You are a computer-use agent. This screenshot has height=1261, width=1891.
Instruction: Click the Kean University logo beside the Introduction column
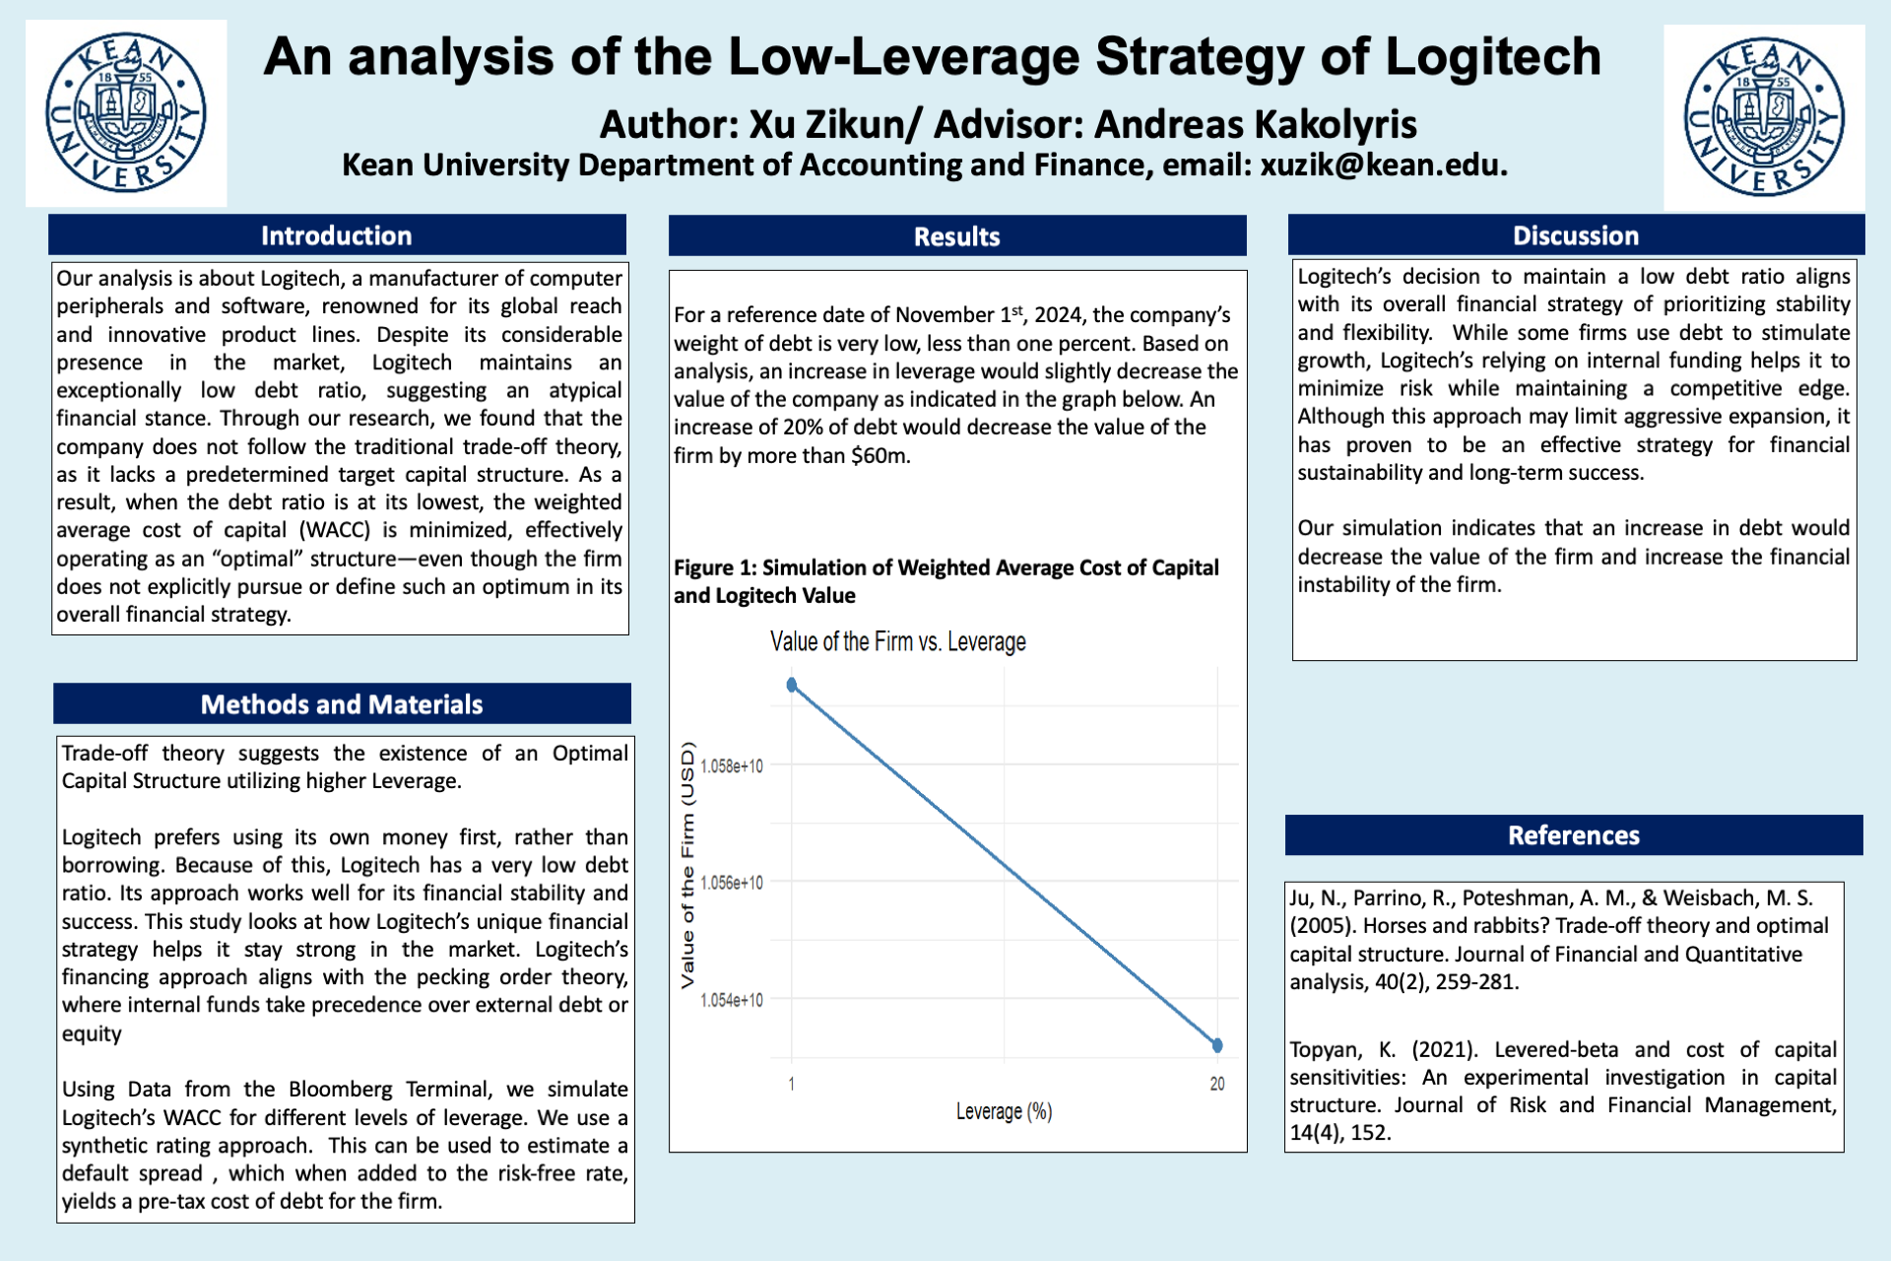[x=126, y=112]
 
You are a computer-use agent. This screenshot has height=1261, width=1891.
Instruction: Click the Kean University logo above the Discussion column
[x=1764, y=117]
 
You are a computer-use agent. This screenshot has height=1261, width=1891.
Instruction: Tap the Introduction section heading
[x=337, y=235]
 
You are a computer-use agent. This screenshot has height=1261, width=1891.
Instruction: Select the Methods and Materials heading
[x=342, y=704]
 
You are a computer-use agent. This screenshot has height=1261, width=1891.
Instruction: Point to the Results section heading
[x=956, y=236]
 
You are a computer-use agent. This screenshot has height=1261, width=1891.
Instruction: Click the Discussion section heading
[x=1576, y=235]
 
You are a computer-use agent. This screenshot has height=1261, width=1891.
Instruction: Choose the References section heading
[x=1574, y=835]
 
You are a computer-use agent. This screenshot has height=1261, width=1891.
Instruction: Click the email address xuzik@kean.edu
[x=1383, y=165]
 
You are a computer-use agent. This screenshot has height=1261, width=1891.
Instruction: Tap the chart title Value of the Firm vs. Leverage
[x=897, y=642]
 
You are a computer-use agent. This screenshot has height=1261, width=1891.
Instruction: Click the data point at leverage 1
[x=792, y=685]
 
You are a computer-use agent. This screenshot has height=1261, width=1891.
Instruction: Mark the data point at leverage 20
[x=1217, y=1045]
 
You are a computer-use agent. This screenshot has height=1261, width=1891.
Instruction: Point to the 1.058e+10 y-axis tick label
[x=732, y=766]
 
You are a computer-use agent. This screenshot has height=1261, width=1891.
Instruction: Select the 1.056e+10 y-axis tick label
[x=732, y=883]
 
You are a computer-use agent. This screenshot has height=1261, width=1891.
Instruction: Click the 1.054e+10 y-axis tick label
[x=732, y=1000]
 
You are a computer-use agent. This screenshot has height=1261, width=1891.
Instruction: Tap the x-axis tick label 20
[x=1217, y=1084]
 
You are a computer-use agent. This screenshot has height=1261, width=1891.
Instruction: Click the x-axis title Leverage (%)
[x=1004, y=1111]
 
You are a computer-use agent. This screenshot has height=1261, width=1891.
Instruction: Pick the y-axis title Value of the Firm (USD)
[x=687, y=864]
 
